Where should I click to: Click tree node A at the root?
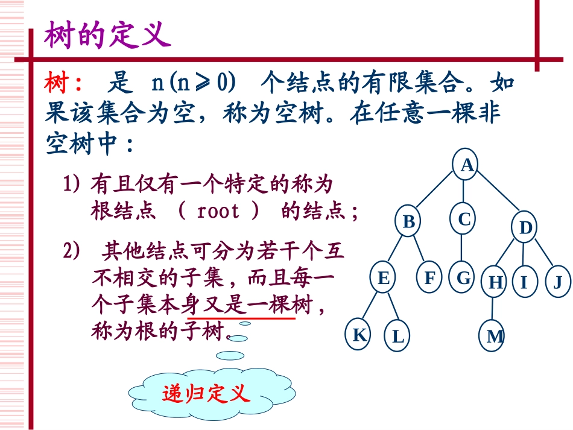tap(466, 165)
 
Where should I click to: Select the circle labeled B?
tap(409, 222)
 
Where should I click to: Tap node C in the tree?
tap(464, 220)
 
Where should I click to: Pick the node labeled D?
tap(526, 228)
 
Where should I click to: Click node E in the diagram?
tap(384, 278)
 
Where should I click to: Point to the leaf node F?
tap(429, 279)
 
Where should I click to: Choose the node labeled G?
tap(463, 278)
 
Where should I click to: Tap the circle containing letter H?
tap(495, 282)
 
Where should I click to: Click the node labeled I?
tap(524, 282)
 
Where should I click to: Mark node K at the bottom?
tap(359, 335)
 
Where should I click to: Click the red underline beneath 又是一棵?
tap(241, 318)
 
